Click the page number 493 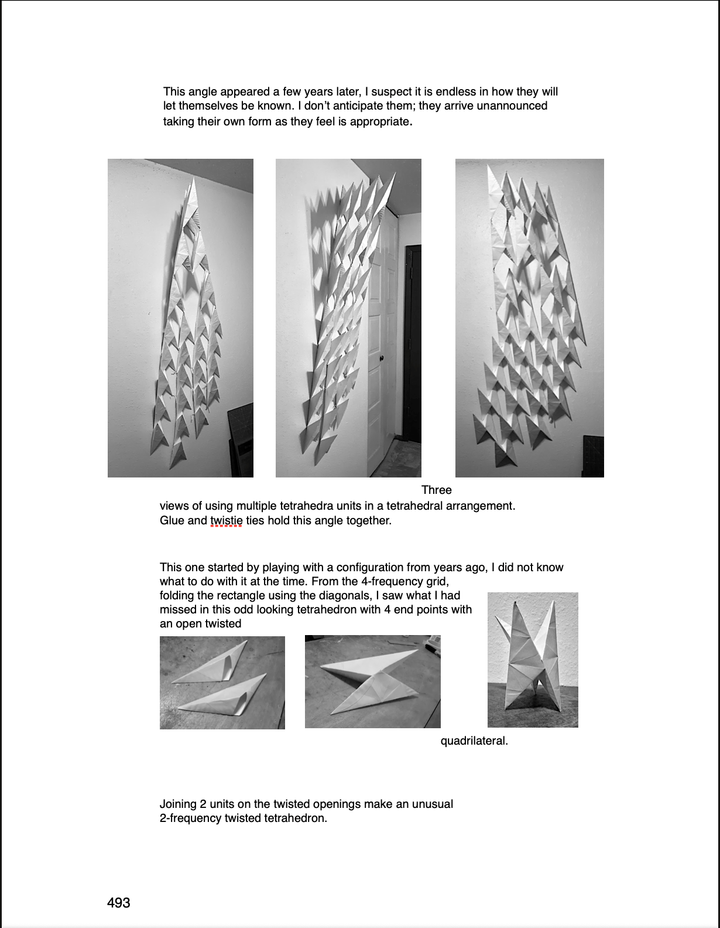pos(118,903)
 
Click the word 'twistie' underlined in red pos(226,520)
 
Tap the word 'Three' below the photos pos(436,490)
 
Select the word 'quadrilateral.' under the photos pos(474,741)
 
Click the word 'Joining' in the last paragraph pos(177,804)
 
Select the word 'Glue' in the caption pos(172,520)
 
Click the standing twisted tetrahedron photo pos(533,660)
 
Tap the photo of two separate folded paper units pos(222,683)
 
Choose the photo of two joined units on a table pos(372,681)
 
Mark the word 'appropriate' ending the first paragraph pos(379,122)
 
